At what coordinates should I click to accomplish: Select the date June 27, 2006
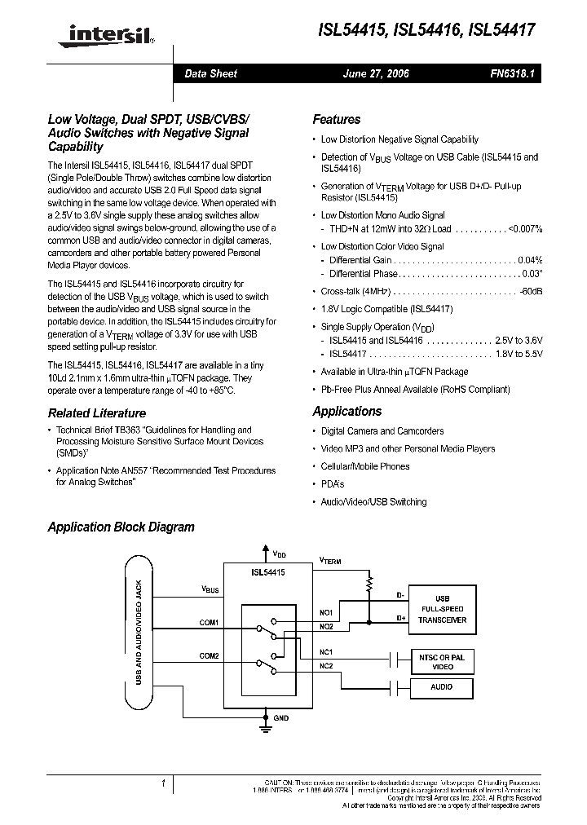pos(376,73)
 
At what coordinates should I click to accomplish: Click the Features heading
pos(336,119)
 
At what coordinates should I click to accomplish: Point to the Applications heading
pos(346,412)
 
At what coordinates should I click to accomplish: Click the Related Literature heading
pos(96,413)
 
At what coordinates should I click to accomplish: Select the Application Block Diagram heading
pos(121,527)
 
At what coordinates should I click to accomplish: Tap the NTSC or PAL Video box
pos(441,662)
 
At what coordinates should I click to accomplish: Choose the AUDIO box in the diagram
pos(441,687)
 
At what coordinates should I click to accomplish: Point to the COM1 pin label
pos(209,622)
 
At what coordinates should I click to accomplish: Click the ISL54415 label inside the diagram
pos(268,572)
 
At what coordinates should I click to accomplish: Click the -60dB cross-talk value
pos(531,291)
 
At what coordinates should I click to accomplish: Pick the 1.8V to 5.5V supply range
pos(519,354)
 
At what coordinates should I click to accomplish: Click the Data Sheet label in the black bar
pos(211,73)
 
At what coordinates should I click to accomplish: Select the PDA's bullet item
pos(333,483)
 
